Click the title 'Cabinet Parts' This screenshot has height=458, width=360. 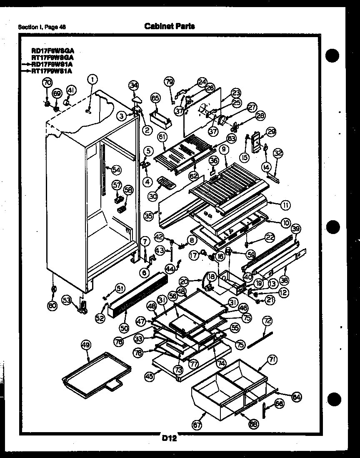point(170,26)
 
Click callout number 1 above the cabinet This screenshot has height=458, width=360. point(92,79)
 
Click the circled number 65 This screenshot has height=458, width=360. point(155,98)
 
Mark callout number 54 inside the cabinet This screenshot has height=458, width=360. point(116,169)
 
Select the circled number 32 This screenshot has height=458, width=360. point(277,153)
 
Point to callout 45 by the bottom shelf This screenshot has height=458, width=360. point(148,376)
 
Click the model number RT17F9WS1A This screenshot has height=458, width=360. point(52,71)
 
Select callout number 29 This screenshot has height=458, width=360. point(271,132)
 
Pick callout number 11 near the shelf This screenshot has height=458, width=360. point(285,205)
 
